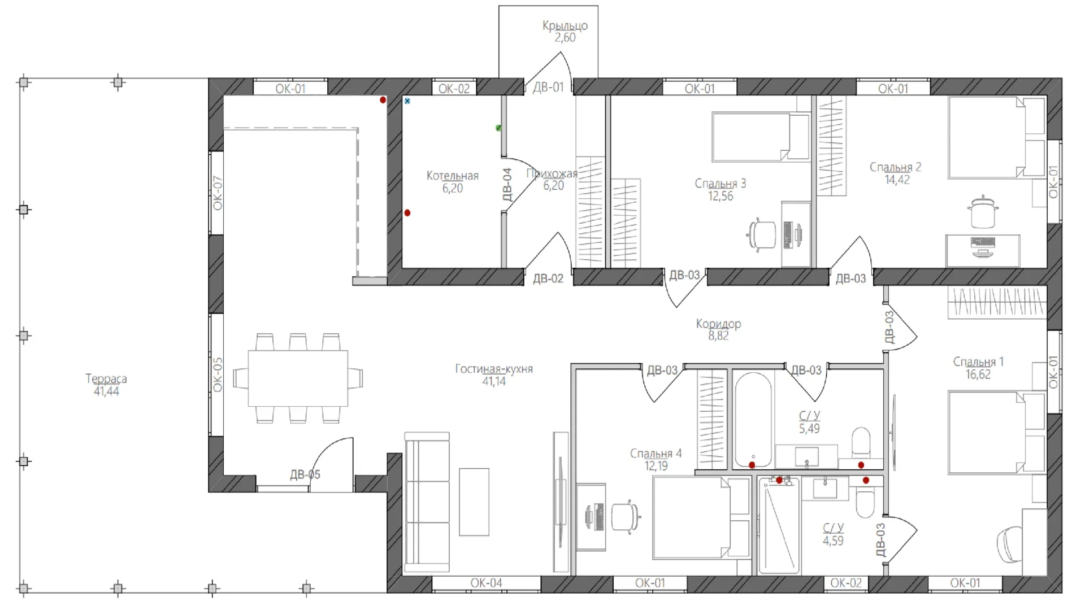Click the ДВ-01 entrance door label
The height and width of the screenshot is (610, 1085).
tap(548, 87)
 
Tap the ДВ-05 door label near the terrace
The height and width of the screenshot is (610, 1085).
tap(305, 474)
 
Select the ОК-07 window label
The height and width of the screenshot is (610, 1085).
tap(218, 193)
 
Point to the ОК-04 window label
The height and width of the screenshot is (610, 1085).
tap(486, 583)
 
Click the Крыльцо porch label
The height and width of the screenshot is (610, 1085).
tap(565, 25)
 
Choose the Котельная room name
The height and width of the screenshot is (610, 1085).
tap(452, 176)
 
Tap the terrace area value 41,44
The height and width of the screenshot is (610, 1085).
tap(106, 391)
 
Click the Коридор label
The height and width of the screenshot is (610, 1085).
tap(718, 324)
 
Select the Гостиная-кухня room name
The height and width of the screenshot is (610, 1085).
tap(494, 369)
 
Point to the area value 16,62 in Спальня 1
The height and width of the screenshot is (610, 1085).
tap(978, 374)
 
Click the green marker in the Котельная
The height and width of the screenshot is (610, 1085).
tap(498, 128)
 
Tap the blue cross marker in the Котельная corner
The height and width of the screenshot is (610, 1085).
tap(407, 101)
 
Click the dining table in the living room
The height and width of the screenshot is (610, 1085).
tap(298, 378)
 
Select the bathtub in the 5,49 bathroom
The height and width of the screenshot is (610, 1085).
tap(753, 420)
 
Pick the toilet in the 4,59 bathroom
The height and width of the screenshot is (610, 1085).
tap(865, 502)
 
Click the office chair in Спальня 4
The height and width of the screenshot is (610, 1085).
tap(626, 516)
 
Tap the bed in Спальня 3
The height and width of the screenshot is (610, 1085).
tap(761, 137)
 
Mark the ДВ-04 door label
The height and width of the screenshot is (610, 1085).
tap(507, 185)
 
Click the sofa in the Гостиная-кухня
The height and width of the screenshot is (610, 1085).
tap(427, 502)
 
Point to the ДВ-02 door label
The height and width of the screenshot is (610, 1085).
tap(548, 278)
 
